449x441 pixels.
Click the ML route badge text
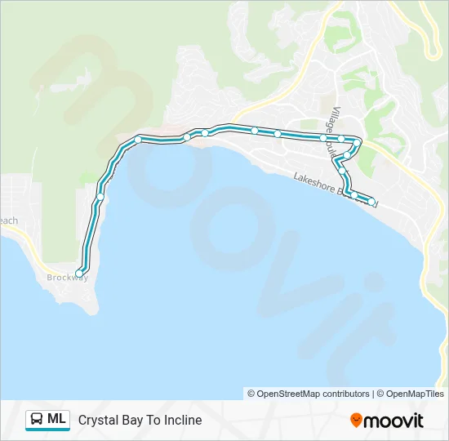(x=56, y=420)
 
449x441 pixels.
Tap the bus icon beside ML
(x=37, y=420)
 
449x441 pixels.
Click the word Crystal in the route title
(x=98, y=421)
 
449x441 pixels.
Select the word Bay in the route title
(x=132, y=421)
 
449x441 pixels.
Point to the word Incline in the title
(x=182, y=421)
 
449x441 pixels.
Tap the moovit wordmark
(x=393, y=421)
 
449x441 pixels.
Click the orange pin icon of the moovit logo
(x=356, y=421)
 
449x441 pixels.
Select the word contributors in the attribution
(x=346, y=394)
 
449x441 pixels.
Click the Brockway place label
(x=68, y=278)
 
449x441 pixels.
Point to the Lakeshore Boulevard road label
(x=335, y=189)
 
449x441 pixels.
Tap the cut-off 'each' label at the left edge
(x=8, y=220)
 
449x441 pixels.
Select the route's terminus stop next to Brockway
(x=79, y=273)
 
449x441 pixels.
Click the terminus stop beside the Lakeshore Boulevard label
(x=371, y=202)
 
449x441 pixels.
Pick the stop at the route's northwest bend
(x=138, y=140)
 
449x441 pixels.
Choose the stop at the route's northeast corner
(x=358, y=142)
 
